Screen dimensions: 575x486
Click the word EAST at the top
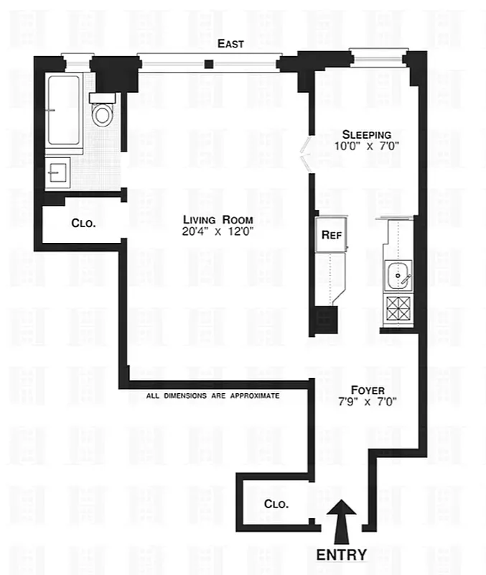pyautogui.click(x=232, y=44)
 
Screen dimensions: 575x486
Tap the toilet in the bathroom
pyautogui.click(x=102, y=113)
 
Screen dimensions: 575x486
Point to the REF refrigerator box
pyautogui.click(x=330, y=234)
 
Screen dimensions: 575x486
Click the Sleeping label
pyautogui.click(x=366, y=134)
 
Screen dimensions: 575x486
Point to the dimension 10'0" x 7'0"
pyautogui.click(x=366, y=146)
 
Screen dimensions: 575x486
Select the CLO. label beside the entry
pyautogui.click(x=276, y=504)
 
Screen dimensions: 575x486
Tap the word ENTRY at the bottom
pyautogui.click(x=342, y=555)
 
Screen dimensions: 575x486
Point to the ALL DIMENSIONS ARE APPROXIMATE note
pyautogui.click(x=212, y=396)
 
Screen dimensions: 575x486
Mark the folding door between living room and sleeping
pyautogui.click(x=304, y=153)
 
